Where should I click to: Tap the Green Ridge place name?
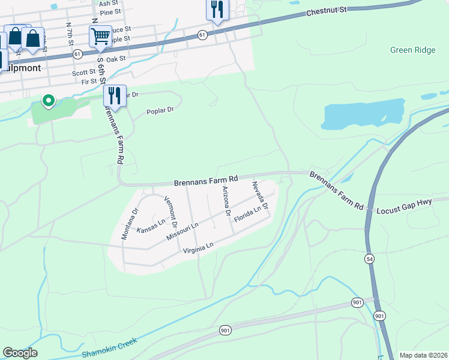click(x=412, y=50)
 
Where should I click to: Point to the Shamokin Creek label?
click(x=110, y=346)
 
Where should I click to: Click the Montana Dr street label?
click(x=130, y=224)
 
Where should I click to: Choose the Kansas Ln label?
click(x=150, y=226)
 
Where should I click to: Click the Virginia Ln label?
click(x=198, y=247)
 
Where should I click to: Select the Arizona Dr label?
click(x=226, y=201)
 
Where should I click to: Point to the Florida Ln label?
click(x=247, y=214)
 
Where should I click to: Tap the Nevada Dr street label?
click(x=259, y=199)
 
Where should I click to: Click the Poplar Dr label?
click(x=160, y=110)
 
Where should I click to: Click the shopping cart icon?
click(x=100, y=36)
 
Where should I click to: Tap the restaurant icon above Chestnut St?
click(x=217, y=10)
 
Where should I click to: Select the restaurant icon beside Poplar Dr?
click(x=113, y=95)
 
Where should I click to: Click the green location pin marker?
click(x=47, y=101)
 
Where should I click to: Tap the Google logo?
click(x=20, y=353)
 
